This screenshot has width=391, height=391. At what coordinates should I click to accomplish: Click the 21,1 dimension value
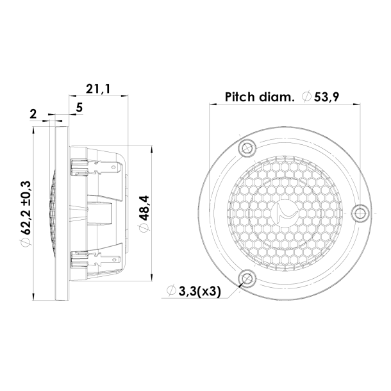[x=98, y=90]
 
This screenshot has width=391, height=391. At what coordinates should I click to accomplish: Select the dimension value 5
[x=79, y=107]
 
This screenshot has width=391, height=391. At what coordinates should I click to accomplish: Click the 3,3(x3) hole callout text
[x=197, y=292]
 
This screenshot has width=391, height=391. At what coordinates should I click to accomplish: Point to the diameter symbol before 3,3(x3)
[x=171, y=292]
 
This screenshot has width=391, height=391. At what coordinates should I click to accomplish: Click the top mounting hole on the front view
[x=244, y=148]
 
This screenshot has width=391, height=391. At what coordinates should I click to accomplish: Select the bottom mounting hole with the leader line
[x=245, y=277]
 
